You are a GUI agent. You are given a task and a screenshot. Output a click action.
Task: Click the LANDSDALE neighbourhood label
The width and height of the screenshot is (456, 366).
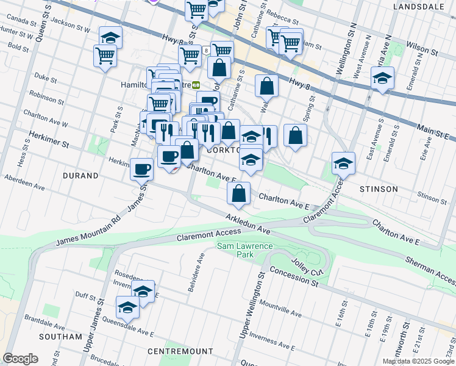click(419, 6)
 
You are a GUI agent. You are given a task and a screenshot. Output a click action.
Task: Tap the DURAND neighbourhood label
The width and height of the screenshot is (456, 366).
click(80, 176)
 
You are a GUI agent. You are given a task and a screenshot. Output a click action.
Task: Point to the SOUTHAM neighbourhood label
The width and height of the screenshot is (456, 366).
click(60, 336)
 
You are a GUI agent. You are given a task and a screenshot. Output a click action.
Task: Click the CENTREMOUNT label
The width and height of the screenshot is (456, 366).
click(180, 351)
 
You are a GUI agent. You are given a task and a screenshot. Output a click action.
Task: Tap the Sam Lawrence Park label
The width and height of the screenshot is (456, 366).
click(244, 250)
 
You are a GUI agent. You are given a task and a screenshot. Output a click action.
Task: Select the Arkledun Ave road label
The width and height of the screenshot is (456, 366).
click(248, 224)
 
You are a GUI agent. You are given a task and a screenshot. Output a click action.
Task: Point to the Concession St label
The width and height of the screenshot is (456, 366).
click(294, 278)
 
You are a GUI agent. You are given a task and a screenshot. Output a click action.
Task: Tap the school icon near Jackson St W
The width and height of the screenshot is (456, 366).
click(110, 37)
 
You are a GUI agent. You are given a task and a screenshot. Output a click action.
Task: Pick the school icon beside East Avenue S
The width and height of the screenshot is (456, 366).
click(382, 78)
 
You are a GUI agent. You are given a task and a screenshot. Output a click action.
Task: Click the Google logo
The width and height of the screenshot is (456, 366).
click(21, 358)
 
